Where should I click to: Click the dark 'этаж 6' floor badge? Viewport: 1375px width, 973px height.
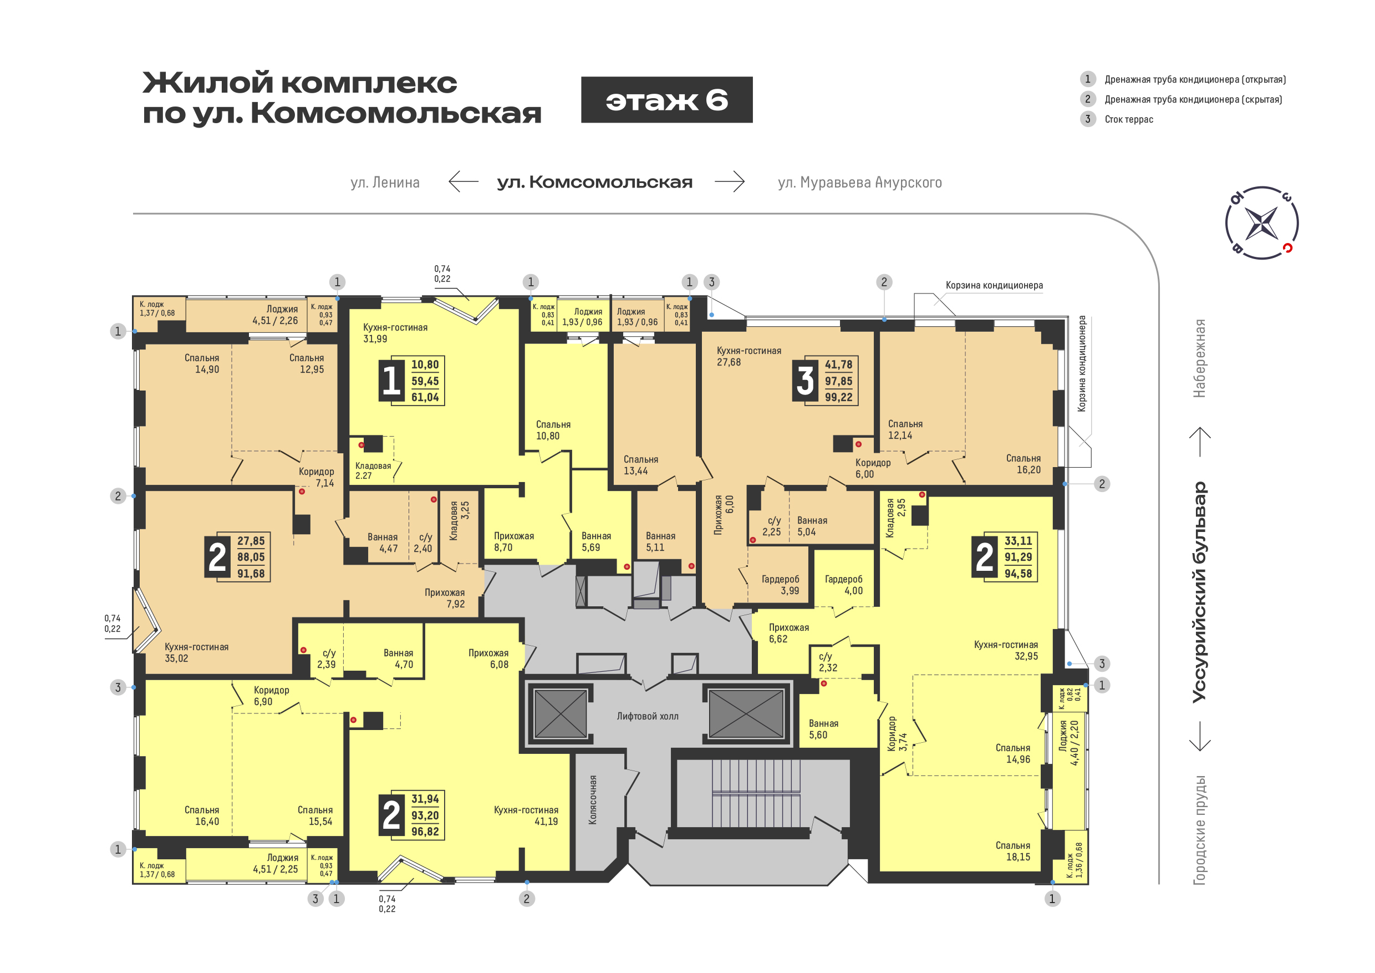[666, 100]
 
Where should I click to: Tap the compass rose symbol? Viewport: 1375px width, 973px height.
[1262, 223]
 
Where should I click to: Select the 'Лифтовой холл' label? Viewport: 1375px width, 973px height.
[648, 716]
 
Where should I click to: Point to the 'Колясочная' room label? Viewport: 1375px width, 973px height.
[592, 800]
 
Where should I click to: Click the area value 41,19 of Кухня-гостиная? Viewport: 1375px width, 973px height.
[546, 822]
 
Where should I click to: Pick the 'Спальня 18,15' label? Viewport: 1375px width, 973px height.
[1013, 852]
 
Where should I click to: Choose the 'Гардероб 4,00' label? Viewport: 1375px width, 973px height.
[844, 585]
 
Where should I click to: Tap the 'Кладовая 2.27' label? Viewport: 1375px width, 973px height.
[373, 470]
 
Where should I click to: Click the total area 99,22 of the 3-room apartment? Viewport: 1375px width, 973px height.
[838, 397]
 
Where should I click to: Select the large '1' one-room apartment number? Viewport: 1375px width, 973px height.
[391, 381]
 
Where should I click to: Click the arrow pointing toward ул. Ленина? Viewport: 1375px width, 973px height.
[464, 181]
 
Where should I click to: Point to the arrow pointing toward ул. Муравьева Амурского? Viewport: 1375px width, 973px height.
[730, 181]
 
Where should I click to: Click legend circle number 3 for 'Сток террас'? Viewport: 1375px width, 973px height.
[1088, 119]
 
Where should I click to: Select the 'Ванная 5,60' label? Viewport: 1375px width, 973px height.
[823, 729]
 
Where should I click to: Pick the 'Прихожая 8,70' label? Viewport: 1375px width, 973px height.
[514, 541]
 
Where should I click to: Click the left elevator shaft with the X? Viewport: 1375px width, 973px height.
[560, 713]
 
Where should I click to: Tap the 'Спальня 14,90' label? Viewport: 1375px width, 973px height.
[202, 364]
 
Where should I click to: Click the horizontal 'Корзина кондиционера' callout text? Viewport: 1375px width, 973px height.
[994, 285]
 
